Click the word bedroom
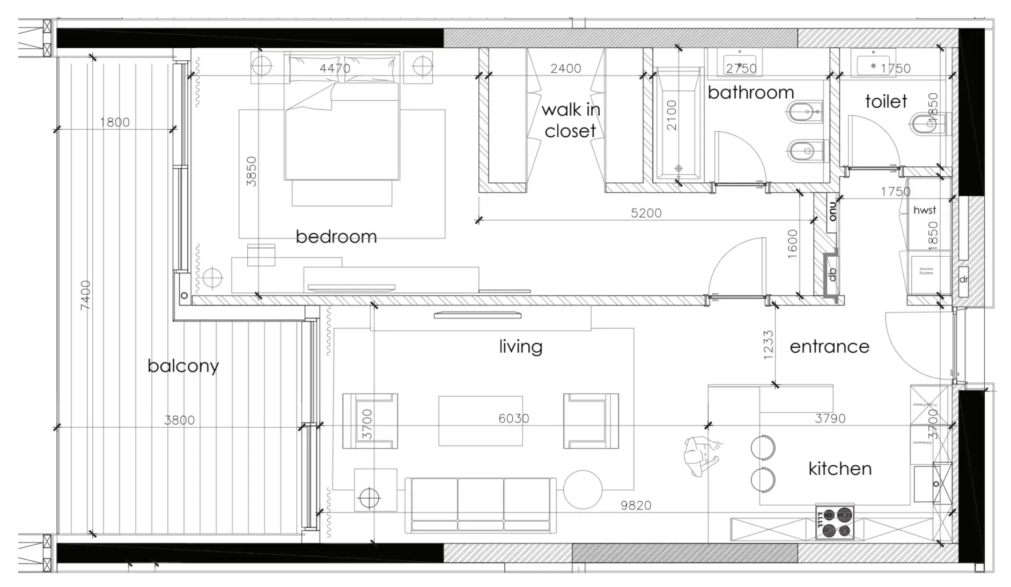(336, 236)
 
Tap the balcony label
(183, 366)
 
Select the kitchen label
(840, 469)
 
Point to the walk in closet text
(570, 120)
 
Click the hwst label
(925, 210)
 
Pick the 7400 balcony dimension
(85, 295)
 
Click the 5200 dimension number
(646, 213)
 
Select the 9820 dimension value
(636, 506)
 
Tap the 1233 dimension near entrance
(768, 345)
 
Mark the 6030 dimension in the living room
(513, 418)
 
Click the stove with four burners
(835, 522)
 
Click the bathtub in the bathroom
(677, 123)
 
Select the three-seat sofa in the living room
(481, 505)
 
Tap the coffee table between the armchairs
(481, 421)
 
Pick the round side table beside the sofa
(583, 489)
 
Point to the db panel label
(832, 274)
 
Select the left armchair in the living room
(370, 421)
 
